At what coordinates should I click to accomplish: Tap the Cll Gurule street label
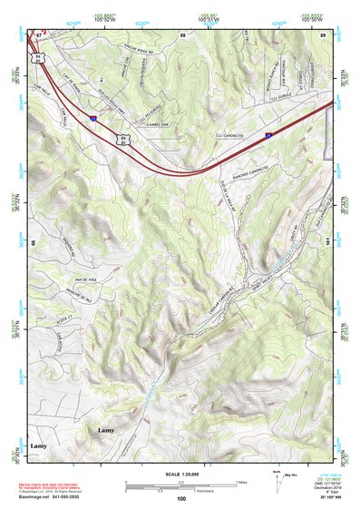(x=302, y=117)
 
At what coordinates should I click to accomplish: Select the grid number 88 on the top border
(x=182, y=34)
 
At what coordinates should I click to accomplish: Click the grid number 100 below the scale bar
(x=181, y=498)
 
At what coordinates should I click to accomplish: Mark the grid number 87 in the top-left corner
(x=39, y=33)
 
